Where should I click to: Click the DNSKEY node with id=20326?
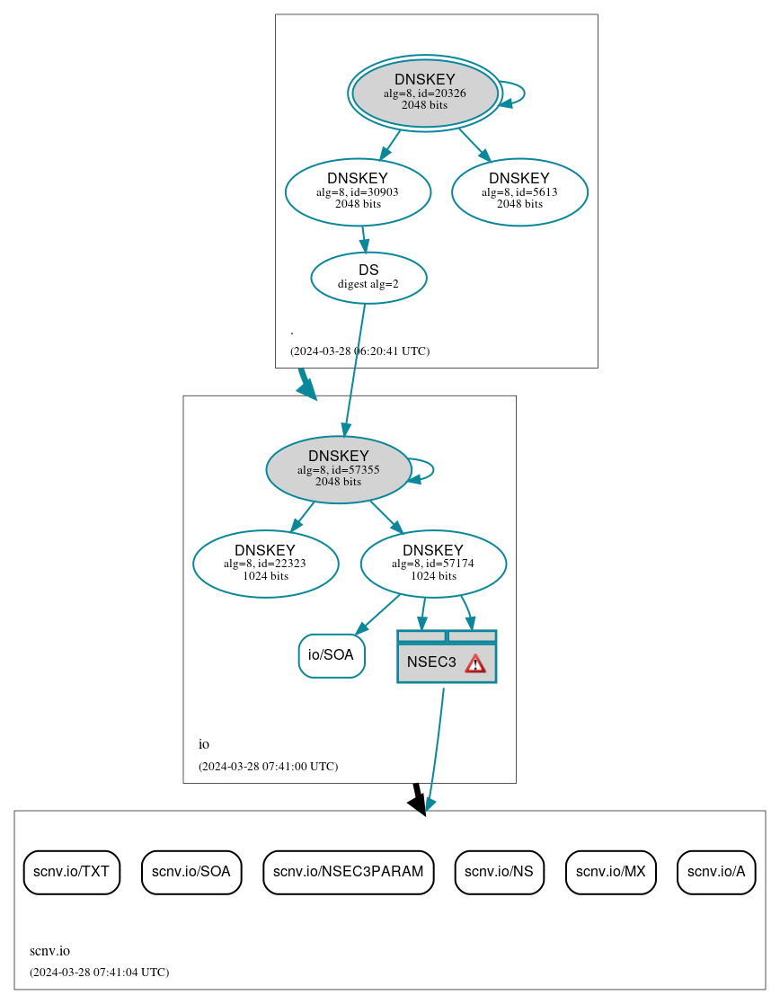[424, 93]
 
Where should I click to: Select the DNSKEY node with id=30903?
[358, 191]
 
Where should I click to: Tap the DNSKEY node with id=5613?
[519, 191]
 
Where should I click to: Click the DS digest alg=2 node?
[368, 277]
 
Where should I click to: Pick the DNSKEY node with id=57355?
[339, 469]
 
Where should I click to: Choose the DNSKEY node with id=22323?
[265, 564]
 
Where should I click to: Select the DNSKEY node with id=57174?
[433, 564]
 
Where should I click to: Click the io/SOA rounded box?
[331, 655]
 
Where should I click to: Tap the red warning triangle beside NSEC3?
[474, 663]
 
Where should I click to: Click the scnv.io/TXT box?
[71, 872]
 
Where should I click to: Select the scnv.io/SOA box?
[191, 872]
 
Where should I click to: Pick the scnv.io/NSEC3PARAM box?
[349, 872]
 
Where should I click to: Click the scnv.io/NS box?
[499, 872]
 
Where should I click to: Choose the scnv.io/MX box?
[611, 872]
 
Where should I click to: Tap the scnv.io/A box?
[716, 872]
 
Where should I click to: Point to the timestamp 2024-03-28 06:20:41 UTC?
[359, 351]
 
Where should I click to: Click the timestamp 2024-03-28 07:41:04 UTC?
[99, 972]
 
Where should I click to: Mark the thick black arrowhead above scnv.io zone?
[417, 803]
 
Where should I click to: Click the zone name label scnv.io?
[49, 950]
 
